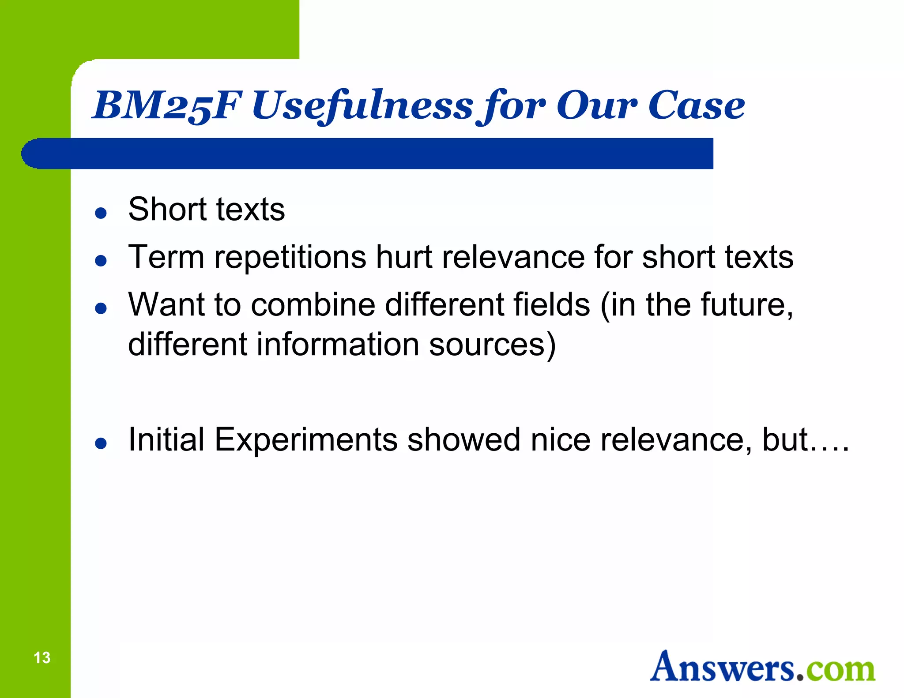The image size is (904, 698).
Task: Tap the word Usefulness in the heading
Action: point(362,106)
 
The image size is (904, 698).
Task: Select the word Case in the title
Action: point(696,106)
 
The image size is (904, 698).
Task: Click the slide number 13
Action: point(42,658)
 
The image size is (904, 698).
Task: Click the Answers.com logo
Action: point(762,667)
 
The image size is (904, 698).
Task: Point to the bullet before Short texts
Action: point(101,213)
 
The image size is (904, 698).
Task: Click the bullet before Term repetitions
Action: point(101,261)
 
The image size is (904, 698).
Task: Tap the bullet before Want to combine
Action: point(101,308)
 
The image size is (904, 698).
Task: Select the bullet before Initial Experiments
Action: point(101,443)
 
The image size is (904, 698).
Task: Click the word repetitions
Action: point(290,258)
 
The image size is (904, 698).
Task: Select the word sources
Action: point(487,345)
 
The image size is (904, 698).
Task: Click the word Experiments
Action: point(306,440)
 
